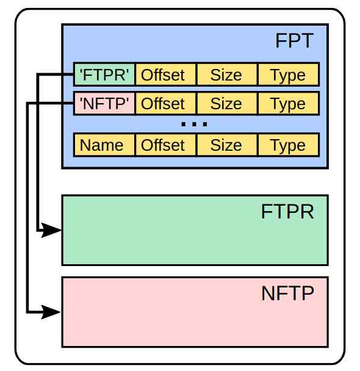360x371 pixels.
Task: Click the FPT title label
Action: pyautogui.click(x=294, y=41)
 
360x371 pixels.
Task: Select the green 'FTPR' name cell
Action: pyautogui.click(x=104, y=74)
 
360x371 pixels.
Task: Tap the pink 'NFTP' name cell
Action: pyautogui.click(x=104, y=103)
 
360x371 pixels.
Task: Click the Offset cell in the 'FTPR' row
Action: pyautogui.click(x=166, y=74)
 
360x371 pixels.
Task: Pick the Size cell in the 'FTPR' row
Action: pyautogui.click(x=227, y=74)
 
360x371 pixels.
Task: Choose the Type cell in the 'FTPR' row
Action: pyautogui.click(x=289, y=74)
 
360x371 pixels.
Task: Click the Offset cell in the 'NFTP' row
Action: pyautogui.click(x=166, y=103)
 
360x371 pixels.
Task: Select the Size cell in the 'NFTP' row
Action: pyautogui.click(x=227, y=103)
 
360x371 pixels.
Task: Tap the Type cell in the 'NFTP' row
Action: pyautogui.click(x=289, y=103)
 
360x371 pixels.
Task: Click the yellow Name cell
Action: pyautogui.click(x=104, y=145)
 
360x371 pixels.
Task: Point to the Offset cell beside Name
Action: pyautogui.click(x=166, y=145)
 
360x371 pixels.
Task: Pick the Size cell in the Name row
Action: pyautogui.click(x=227, y=145)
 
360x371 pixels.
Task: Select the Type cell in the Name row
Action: pyautogui.click(x=289, y=145)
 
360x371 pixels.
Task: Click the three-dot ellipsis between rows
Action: pyautogui.click(x=194, y=124)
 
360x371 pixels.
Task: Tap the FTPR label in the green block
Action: pyautogui.click(x=287, y=212)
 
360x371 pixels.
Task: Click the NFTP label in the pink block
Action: pyautogui.click(x=287, y=294)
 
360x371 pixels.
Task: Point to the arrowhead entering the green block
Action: pyautogui.click(x=51, y=230)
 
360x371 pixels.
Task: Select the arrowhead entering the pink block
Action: pyautogui.click(x=51, y=312)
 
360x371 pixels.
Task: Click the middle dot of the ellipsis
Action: pyautogui.click(x=194, y=124)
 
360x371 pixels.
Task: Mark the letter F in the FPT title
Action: pyautogui.click(x=281, y=41)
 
